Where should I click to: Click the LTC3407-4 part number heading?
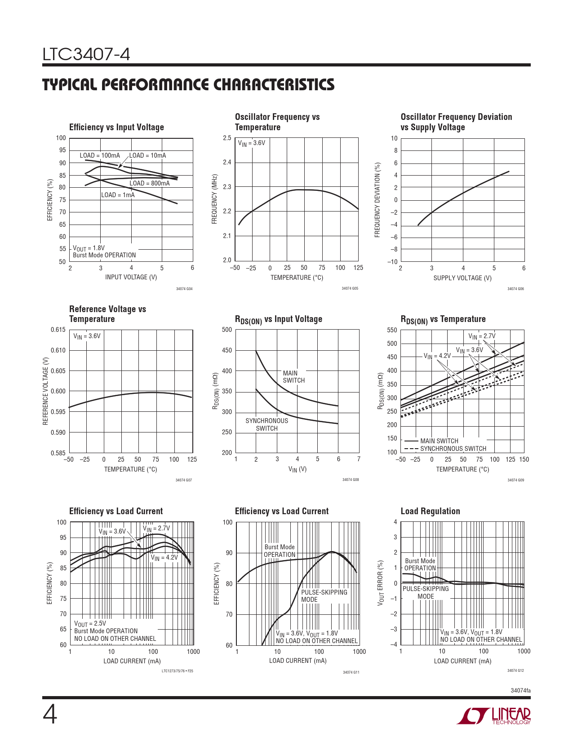86,54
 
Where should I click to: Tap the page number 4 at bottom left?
50,715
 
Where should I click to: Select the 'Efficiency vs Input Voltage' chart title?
116,127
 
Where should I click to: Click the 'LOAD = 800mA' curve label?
150,183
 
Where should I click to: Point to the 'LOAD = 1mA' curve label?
118,195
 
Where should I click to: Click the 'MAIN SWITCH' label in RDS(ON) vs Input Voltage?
293,376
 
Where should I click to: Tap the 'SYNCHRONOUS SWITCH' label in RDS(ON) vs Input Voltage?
267,424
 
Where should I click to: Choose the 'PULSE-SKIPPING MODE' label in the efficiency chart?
324,596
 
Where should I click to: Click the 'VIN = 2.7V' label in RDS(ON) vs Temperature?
481,336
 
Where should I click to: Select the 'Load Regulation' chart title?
430,511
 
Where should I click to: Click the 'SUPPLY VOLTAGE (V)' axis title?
462,278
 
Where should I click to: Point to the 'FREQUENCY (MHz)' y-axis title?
214,199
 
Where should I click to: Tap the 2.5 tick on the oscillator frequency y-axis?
227,138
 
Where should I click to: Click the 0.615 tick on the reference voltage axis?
58,330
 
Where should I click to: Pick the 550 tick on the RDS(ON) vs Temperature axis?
392,330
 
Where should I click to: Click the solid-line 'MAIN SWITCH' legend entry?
431,441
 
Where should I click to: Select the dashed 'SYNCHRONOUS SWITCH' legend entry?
445,449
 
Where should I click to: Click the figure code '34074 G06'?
515,289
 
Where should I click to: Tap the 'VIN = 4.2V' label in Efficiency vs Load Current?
164,558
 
